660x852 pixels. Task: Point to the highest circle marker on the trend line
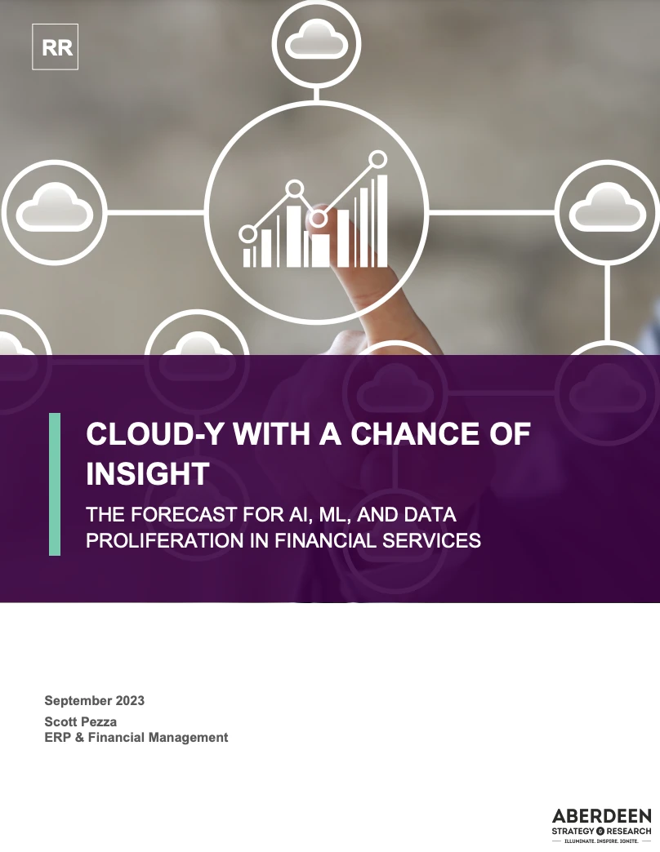377,158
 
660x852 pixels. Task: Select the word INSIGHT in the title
147,473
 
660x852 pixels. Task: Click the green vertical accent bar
55,484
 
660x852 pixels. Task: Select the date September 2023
94,701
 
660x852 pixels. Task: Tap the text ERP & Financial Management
136,738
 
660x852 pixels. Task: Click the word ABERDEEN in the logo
601,816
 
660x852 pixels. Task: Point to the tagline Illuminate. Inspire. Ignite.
601,840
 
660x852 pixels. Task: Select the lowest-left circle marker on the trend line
247,234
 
